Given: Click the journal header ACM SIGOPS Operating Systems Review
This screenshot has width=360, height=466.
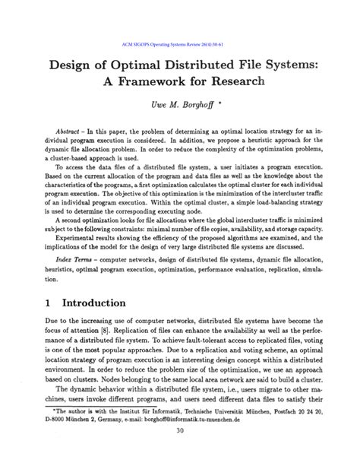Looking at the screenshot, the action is (179, 43).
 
